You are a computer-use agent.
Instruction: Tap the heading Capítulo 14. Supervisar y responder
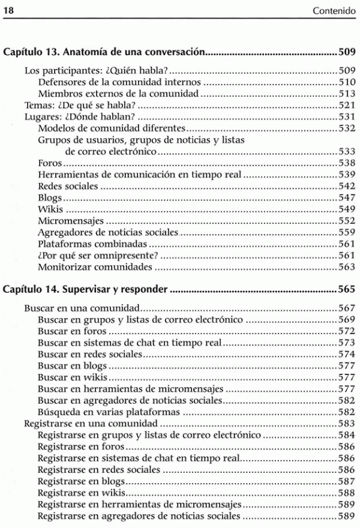pyautogui.click(x=85, y=290)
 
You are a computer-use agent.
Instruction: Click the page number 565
pyautogui.click(x=347, y=290)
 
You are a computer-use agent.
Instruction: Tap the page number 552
pyautogui.click(x=347, y=221)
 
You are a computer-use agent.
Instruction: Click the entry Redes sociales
pyautogui.click(x=68, y=186)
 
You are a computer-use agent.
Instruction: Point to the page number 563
pyautogui.click(x=347, y=267)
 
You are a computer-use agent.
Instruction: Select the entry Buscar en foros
pyautogui.click(x=72, y=331)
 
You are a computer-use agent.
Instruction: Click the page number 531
pyautogui.click(x=347, y=116)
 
